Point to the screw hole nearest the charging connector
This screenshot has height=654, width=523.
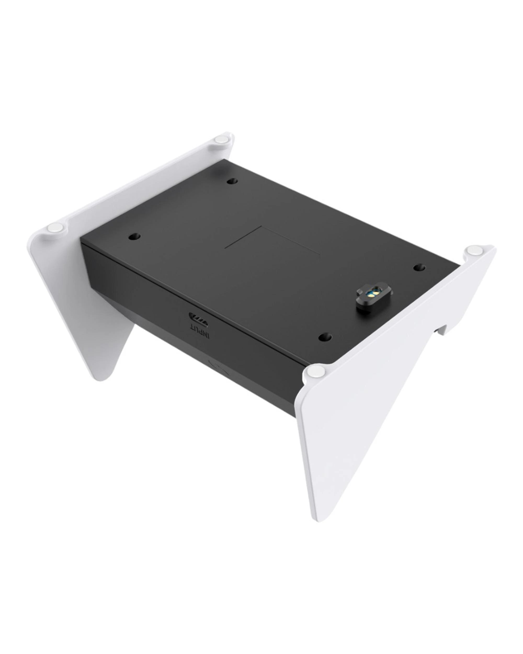(419, 267)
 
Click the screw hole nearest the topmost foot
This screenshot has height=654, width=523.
(232, 181)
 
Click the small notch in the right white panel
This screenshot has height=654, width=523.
(441, 330)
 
